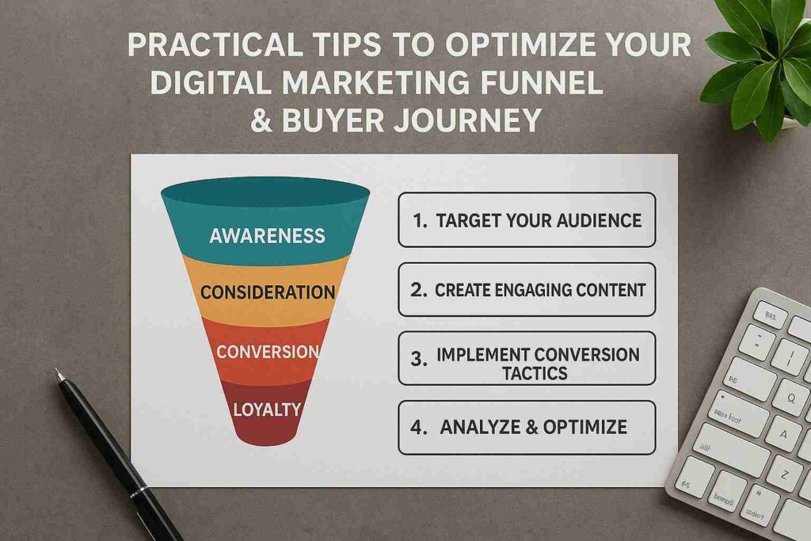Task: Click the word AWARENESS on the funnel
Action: (267, 235)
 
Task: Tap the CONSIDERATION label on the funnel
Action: (267, 291)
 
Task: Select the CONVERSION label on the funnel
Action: (267, 352)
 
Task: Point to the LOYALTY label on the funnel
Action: (267, 409)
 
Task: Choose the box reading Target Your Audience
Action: (527, 219)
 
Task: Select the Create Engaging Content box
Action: (527, 289)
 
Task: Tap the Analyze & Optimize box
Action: (527, 427)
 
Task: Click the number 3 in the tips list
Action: (418, 358)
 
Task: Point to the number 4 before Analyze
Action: (418, 428)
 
